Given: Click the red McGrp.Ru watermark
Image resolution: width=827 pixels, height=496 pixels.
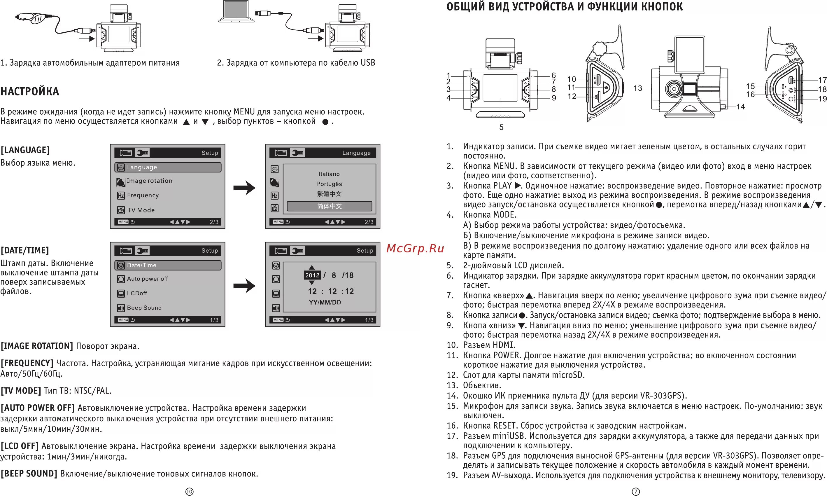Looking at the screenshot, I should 415,248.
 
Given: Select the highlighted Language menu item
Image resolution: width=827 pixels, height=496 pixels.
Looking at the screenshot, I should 168,167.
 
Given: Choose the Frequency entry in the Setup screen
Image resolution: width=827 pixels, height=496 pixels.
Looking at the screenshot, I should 143,195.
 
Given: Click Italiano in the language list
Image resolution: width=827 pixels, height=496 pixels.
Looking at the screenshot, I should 329,174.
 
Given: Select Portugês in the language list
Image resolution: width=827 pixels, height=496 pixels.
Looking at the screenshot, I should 329,184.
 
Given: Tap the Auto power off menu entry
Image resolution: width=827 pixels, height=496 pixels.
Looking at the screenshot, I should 147,279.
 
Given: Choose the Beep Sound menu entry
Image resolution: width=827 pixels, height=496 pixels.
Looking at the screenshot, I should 144,308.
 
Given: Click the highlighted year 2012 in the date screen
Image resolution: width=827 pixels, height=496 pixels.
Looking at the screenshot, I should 312,275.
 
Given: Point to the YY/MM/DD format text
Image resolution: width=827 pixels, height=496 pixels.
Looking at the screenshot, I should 325,303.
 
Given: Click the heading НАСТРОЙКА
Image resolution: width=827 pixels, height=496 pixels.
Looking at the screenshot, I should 30,91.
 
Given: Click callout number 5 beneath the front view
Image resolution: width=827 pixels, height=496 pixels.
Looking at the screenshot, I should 501,127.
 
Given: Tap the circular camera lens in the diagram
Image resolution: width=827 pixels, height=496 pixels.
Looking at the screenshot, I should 673,89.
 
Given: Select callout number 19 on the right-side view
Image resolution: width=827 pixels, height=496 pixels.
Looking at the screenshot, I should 822,99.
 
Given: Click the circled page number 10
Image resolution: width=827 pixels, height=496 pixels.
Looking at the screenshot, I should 189,491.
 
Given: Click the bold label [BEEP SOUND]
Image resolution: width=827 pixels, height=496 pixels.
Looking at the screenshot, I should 29,474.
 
